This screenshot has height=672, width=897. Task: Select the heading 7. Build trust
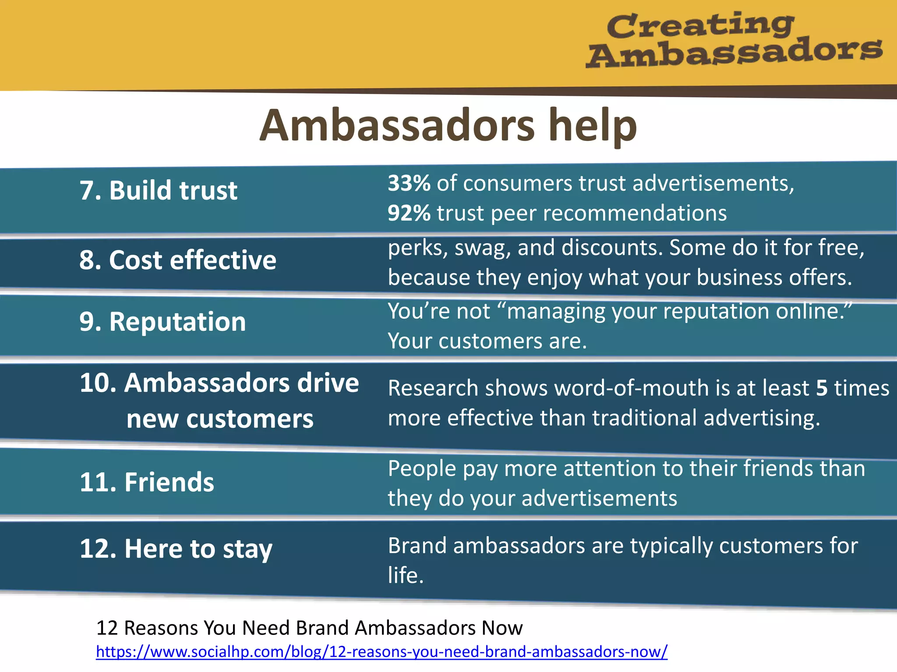click(x=158, y=191)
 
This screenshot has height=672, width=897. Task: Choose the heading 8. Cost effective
click(x=177, y=260)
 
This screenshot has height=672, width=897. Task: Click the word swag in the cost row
click(x=482, y=248)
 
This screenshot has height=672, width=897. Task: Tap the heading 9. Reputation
click(x=162, y=322)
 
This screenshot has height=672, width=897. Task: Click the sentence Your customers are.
click(x=487, y=341)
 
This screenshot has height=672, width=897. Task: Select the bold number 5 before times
click(x=822, y=388)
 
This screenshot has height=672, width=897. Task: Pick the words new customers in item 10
click(x=220, y=419)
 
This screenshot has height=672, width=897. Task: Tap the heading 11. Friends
click(x=147, y=483)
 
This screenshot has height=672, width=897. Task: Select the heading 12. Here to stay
click(x=176, y=549)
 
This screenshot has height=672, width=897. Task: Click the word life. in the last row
click(x=406, y=575)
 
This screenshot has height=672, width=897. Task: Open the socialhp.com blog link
click(x=381, y=652)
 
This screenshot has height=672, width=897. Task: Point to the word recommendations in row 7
click(x=609, y=213)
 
